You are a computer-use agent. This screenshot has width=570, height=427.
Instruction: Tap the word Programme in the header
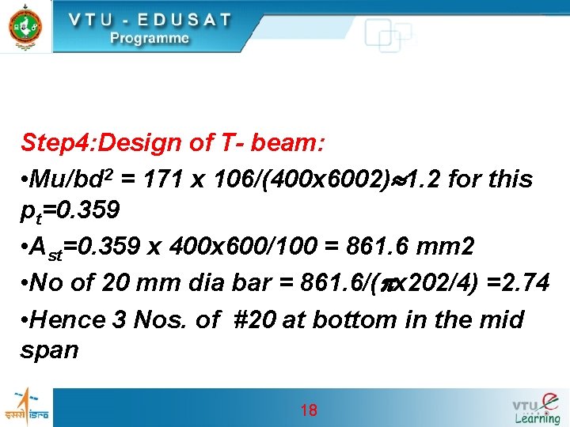pos(150,38)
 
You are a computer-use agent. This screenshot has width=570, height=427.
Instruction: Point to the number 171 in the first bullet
pos(166,179)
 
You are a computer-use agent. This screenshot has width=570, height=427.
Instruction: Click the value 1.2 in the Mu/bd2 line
pos(424,179)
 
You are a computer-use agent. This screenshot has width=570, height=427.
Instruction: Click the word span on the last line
pos(49,350)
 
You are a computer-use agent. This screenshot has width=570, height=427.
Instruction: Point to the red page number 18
pos(309,410)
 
